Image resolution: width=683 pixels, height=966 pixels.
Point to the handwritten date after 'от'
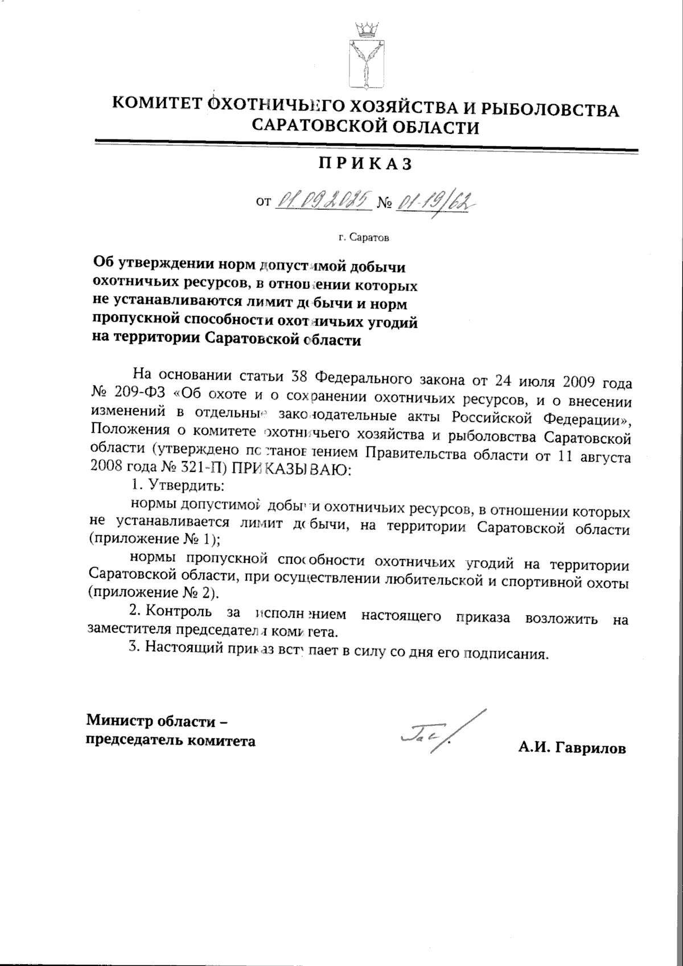coord(323,200)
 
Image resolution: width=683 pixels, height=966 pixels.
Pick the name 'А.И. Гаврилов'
coord(572,749)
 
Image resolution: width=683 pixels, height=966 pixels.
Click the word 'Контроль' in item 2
coord(181,613)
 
